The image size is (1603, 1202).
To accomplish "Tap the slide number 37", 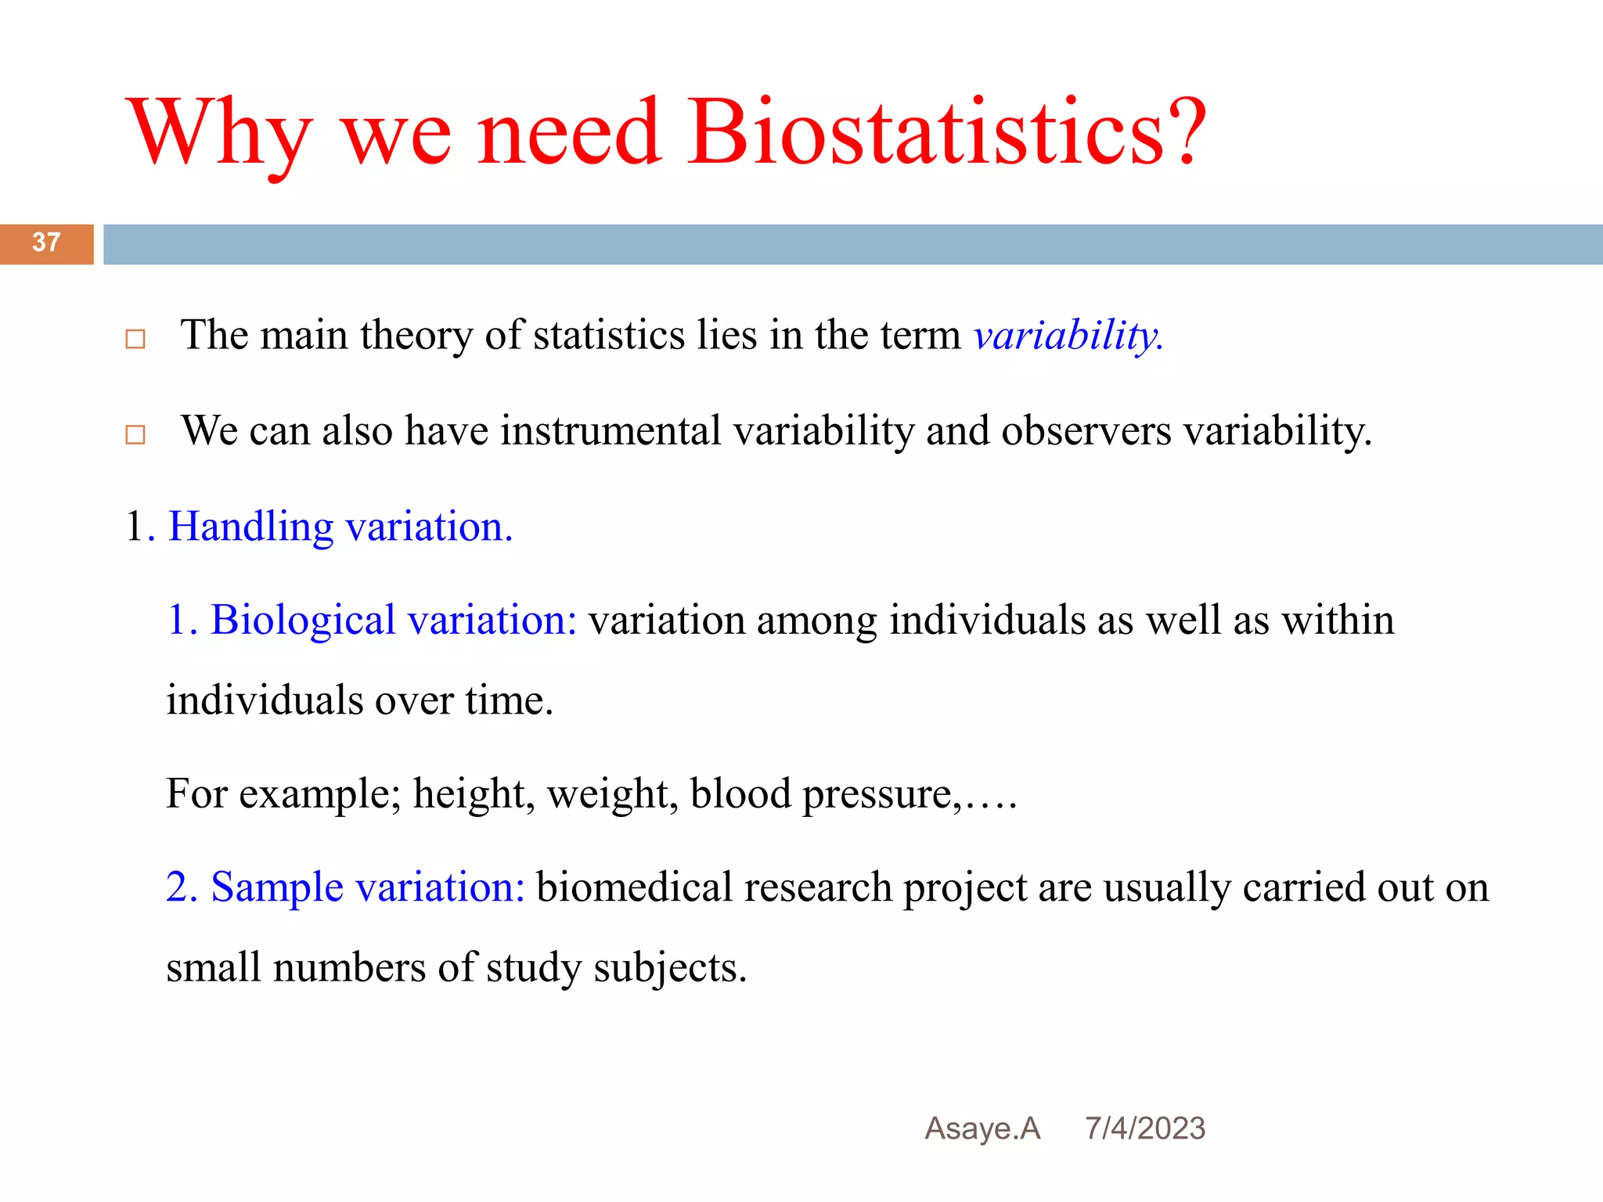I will click(46, 243).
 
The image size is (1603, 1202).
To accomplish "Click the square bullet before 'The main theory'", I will click(135, 340).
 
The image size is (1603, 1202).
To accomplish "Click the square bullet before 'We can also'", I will click(135, 434).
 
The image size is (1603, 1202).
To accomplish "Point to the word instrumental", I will click(611, 431).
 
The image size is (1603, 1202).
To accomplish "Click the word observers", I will click(1086, 431).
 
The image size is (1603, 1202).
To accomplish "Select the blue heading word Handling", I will click(251, 527).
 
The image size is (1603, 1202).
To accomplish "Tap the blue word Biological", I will click(303, 621).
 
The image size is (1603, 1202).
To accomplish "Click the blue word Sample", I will click(277, 887).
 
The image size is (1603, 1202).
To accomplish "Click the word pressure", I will click(877, 795).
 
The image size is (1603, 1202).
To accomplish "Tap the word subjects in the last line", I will click(669, 968).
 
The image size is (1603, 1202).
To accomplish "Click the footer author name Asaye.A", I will click(982, 1128).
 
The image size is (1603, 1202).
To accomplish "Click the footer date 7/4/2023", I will click(1144, 1128).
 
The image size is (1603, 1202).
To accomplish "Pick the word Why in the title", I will click(222, 133).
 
